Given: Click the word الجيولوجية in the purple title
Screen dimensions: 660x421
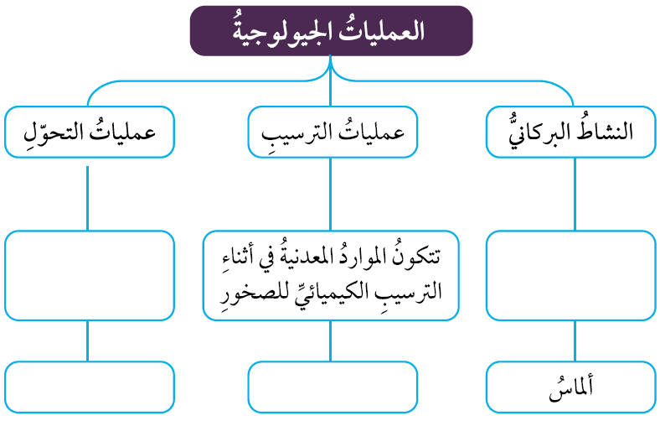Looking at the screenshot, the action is coord(281,33).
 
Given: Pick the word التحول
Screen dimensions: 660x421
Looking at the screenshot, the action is coord(49,133).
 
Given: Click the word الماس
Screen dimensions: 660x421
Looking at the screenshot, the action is coord(570,387).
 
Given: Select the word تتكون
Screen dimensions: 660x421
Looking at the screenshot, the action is coord(418,256).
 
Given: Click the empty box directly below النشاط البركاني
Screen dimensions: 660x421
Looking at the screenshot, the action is coord(570,275).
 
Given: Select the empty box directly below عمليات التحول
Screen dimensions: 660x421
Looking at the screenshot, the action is coord(90,275).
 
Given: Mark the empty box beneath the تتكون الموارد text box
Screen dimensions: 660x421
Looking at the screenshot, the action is coord(333,387).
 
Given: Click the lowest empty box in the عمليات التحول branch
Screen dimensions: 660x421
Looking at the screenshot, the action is coord(90,387).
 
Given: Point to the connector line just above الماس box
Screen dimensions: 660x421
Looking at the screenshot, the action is coord(575,341).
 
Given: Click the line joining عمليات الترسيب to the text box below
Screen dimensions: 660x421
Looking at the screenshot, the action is coord(331,195).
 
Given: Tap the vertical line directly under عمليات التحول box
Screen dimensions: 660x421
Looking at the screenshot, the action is coord(88,198).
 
